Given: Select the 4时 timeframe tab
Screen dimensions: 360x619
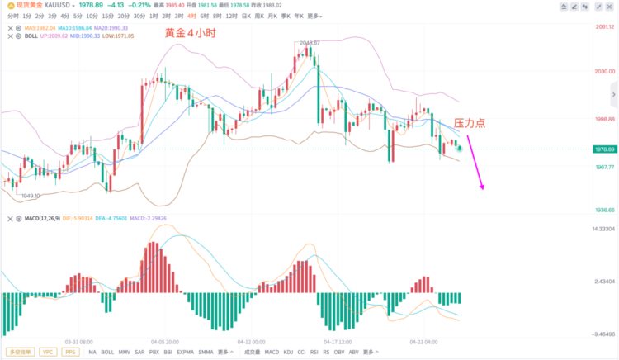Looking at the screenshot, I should pos(192,16).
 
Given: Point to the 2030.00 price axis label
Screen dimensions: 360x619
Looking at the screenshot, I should pos(605,71).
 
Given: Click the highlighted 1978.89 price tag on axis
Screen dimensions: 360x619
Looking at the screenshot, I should pos(605,149).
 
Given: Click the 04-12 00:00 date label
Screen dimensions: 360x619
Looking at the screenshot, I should pos(251,341).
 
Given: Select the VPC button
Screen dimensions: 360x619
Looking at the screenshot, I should pos(49,352).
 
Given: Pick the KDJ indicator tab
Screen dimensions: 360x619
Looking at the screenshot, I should pos(288,352).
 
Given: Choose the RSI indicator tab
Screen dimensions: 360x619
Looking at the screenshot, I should pos(314,352).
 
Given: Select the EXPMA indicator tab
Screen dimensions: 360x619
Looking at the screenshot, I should pos(185,352).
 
